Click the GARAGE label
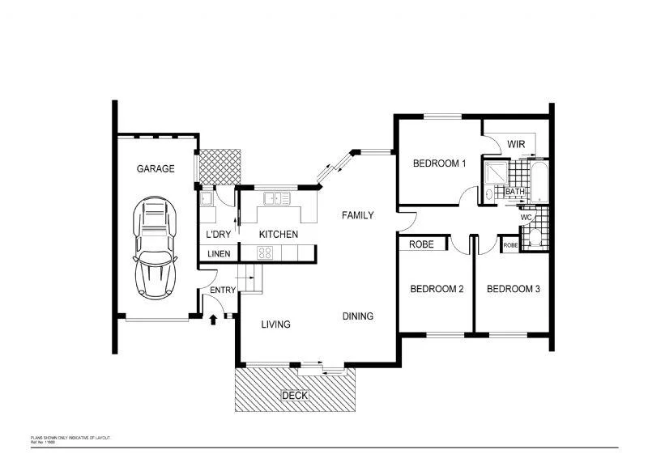click(155, 169)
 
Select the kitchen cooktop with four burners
click(266, 253)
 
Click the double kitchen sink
click(276, 197)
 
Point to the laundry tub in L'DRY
click(207, 197)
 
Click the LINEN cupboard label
click(219, 254)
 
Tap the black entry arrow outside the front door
click(213, 320)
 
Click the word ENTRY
click(223, 290)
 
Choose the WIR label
click(518, 144)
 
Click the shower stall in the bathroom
click(494, 172)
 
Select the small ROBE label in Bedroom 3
click(510, 245)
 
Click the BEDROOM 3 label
click(513, 289)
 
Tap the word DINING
click(357, 316)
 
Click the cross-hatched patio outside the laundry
click(221, 167)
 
